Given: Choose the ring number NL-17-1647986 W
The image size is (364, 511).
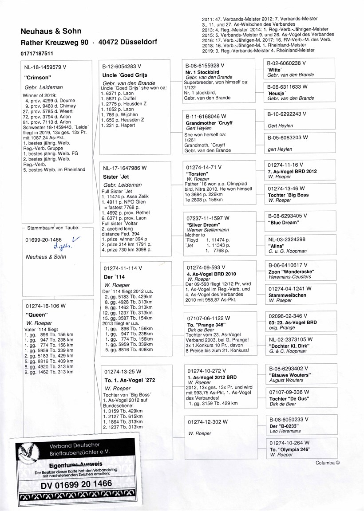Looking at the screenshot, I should click(125, 168).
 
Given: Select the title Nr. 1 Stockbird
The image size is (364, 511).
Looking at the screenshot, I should click(202, 72).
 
